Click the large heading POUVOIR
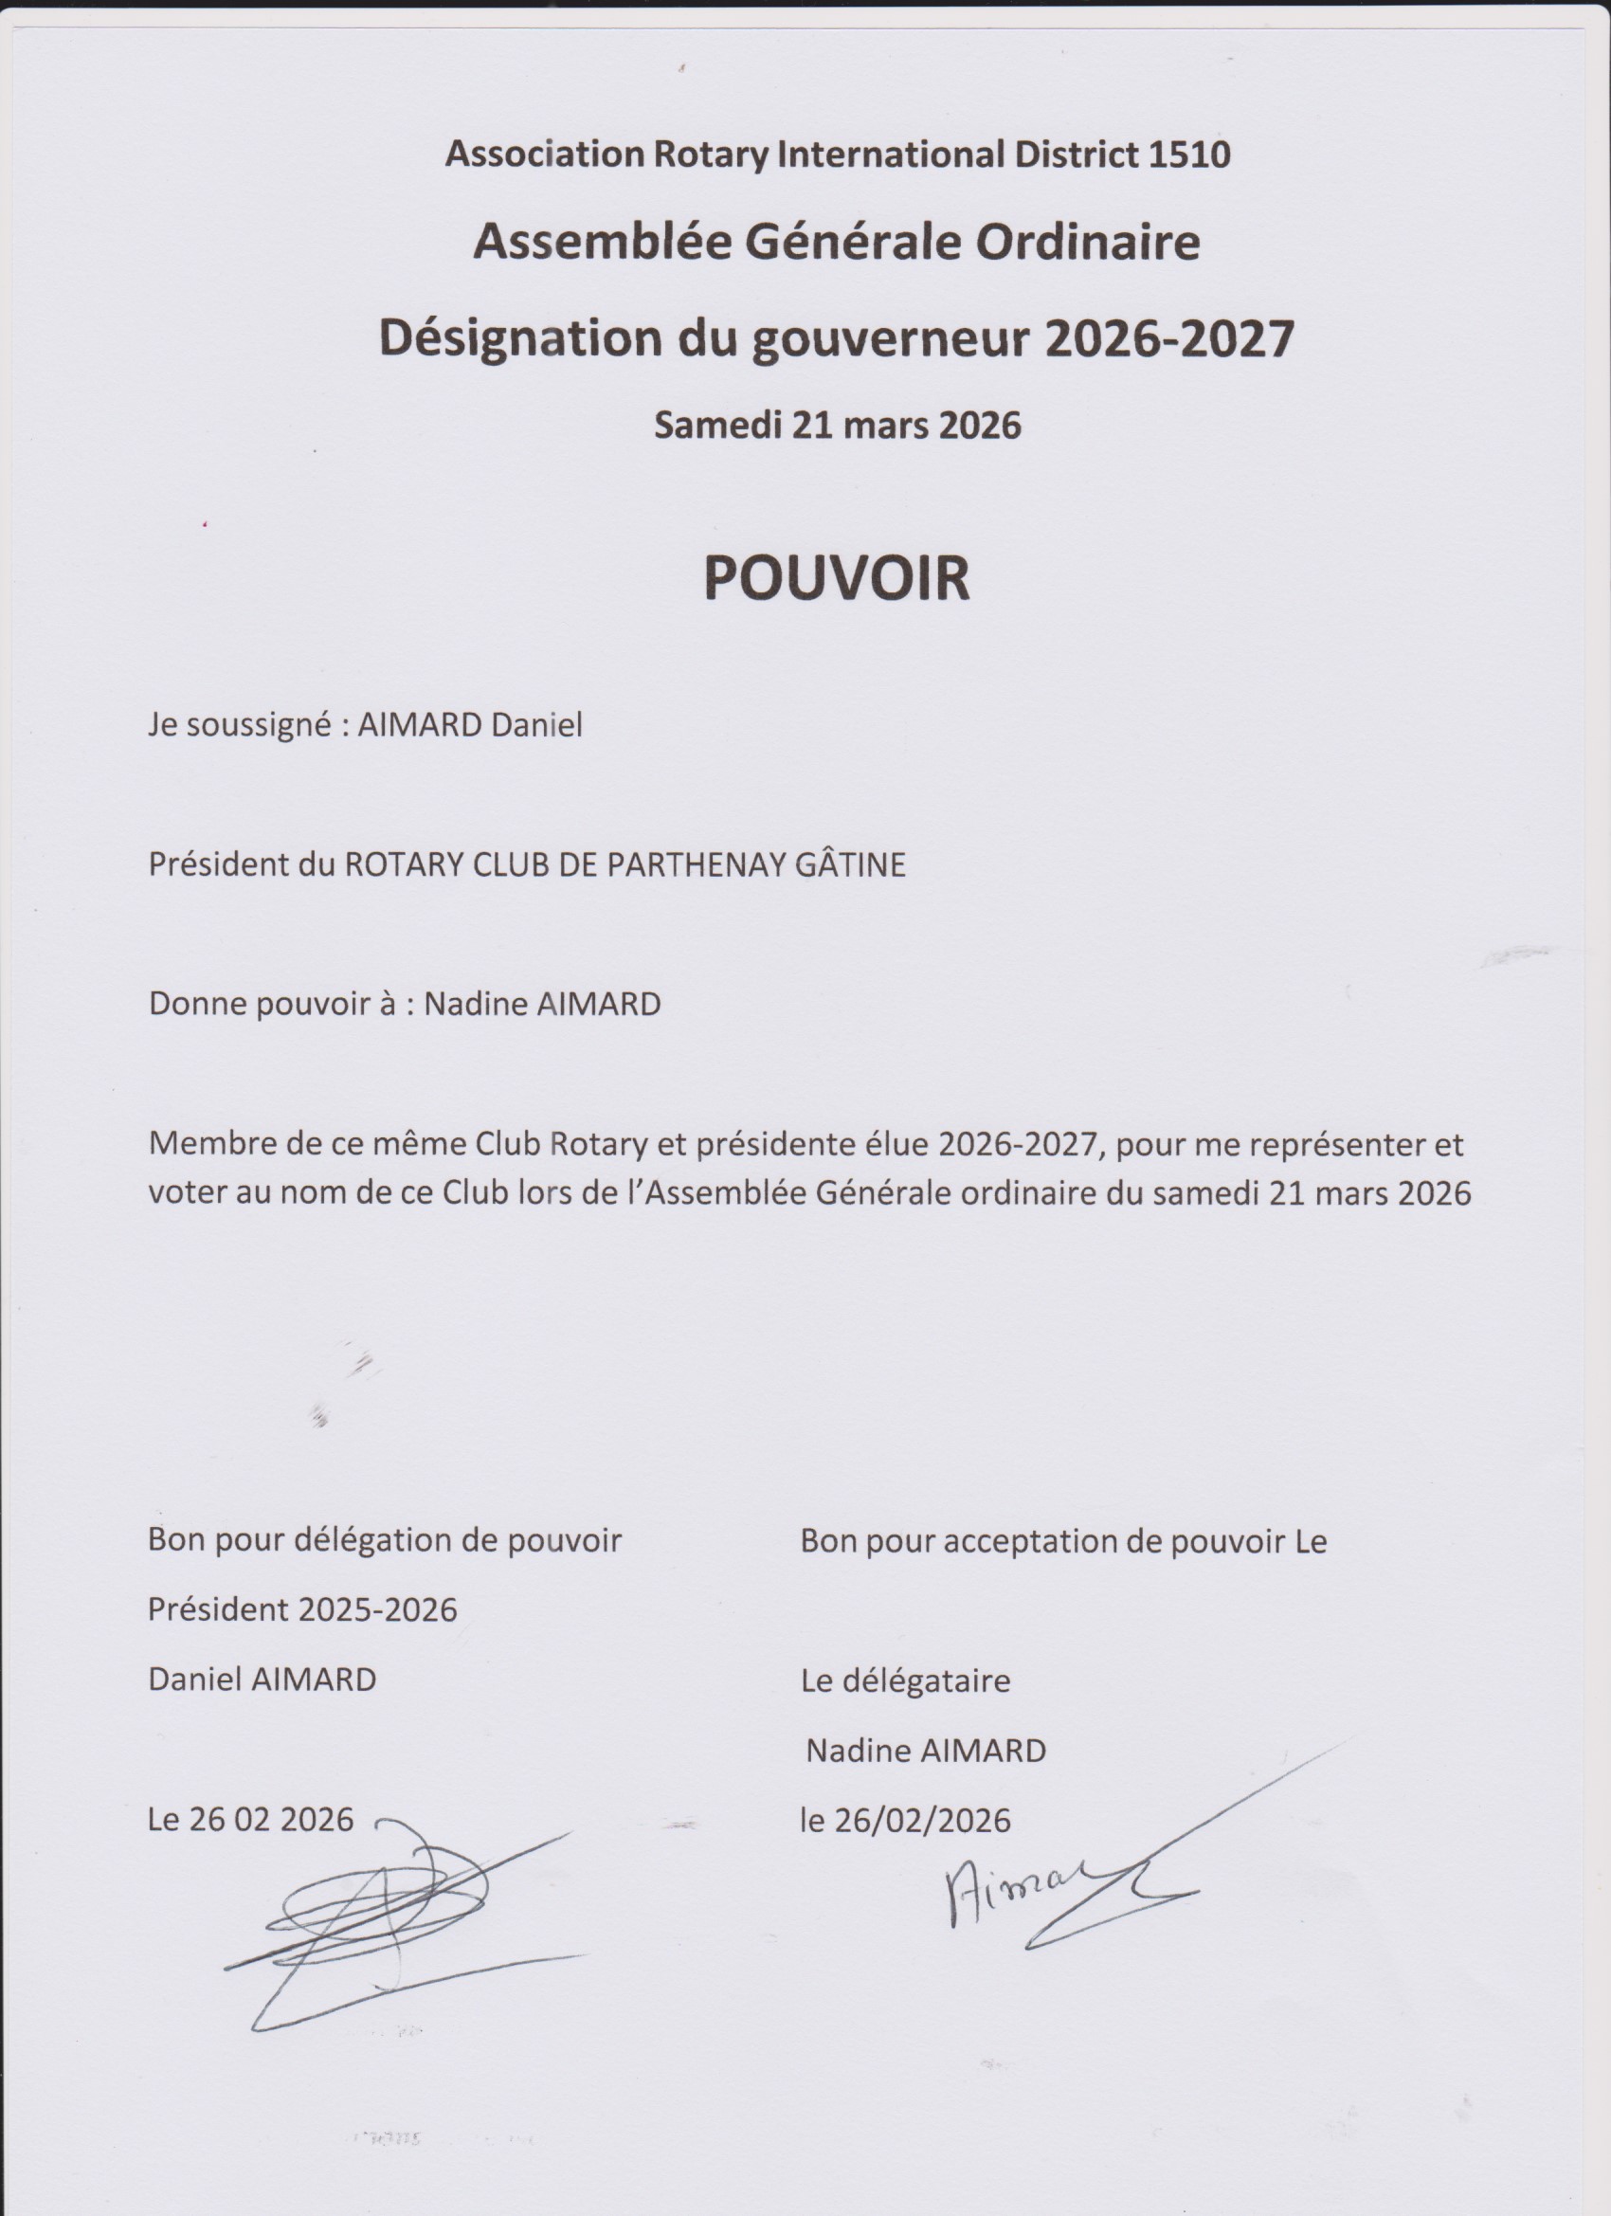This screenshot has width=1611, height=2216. click(836, 578)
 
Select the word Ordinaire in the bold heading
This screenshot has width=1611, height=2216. click(1088, 243)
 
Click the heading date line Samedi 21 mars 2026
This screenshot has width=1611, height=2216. click(838, 425)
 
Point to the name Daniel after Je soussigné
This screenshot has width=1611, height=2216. click(536, 725)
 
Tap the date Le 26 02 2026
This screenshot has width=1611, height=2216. click(250, 1819)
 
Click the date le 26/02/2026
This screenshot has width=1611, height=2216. click(905, 1820)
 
